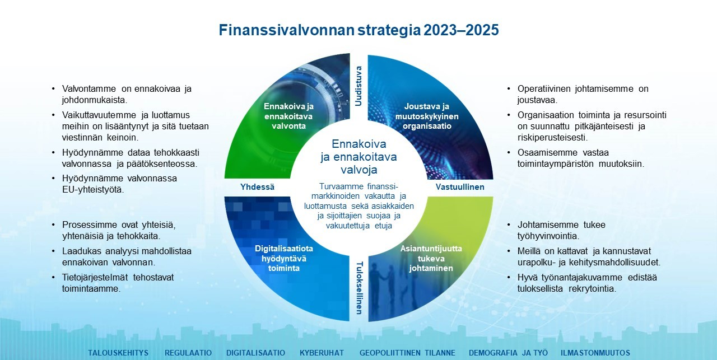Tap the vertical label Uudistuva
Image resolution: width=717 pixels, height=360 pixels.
pos(358,86)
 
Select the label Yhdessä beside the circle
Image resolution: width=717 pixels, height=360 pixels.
pos(257,187)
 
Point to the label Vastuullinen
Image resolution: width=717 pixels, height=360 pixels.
pos(460,187)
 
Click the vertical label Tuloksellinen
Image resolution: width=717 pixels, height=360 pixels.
pos(360,288)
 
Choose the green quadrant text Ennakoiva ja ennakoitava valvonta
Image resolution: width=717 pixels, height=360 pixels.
pos(288,116)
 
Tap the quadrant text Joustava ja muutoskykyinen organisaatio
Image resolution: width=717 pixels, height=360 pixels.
pos(427,116)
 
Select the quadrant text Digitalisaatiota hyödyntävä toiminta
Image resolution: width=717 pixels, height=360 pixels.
pos(284,258)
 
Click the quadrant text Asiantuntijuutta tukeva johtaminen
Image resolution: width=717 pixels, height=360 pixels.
pos(431,258)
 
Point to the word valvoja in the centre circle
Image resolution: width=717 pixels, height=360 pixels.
pos(359,170)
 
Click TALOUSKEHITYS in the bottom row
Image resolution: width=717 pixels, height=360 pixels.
pos(118,353)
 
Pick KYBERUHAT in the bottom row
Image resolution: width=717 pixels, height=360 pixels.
pos(322,353)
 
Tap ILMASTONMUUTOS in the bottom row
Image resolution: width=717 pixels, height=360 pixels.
pos(595,353)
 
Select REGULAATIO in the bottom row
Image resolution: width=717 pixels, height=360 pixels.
pos(188,353)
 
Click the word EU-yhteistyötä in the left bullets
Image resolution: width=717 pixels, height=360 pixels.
pos(93,190)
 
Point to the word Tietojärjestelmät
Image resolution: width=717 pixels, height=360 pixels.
pos(95,278)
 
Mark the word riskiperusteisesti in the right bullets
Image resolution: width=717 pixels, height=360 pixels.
pos(553,138)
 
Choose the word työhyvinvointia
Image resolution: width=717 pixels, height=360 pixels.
pos(548,236)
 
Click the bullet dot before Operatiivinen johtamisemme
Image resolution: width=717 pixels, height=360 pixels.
pos(509,88)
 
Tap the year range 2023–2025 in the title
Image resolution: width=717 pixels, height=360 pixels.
pos(461,30)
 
